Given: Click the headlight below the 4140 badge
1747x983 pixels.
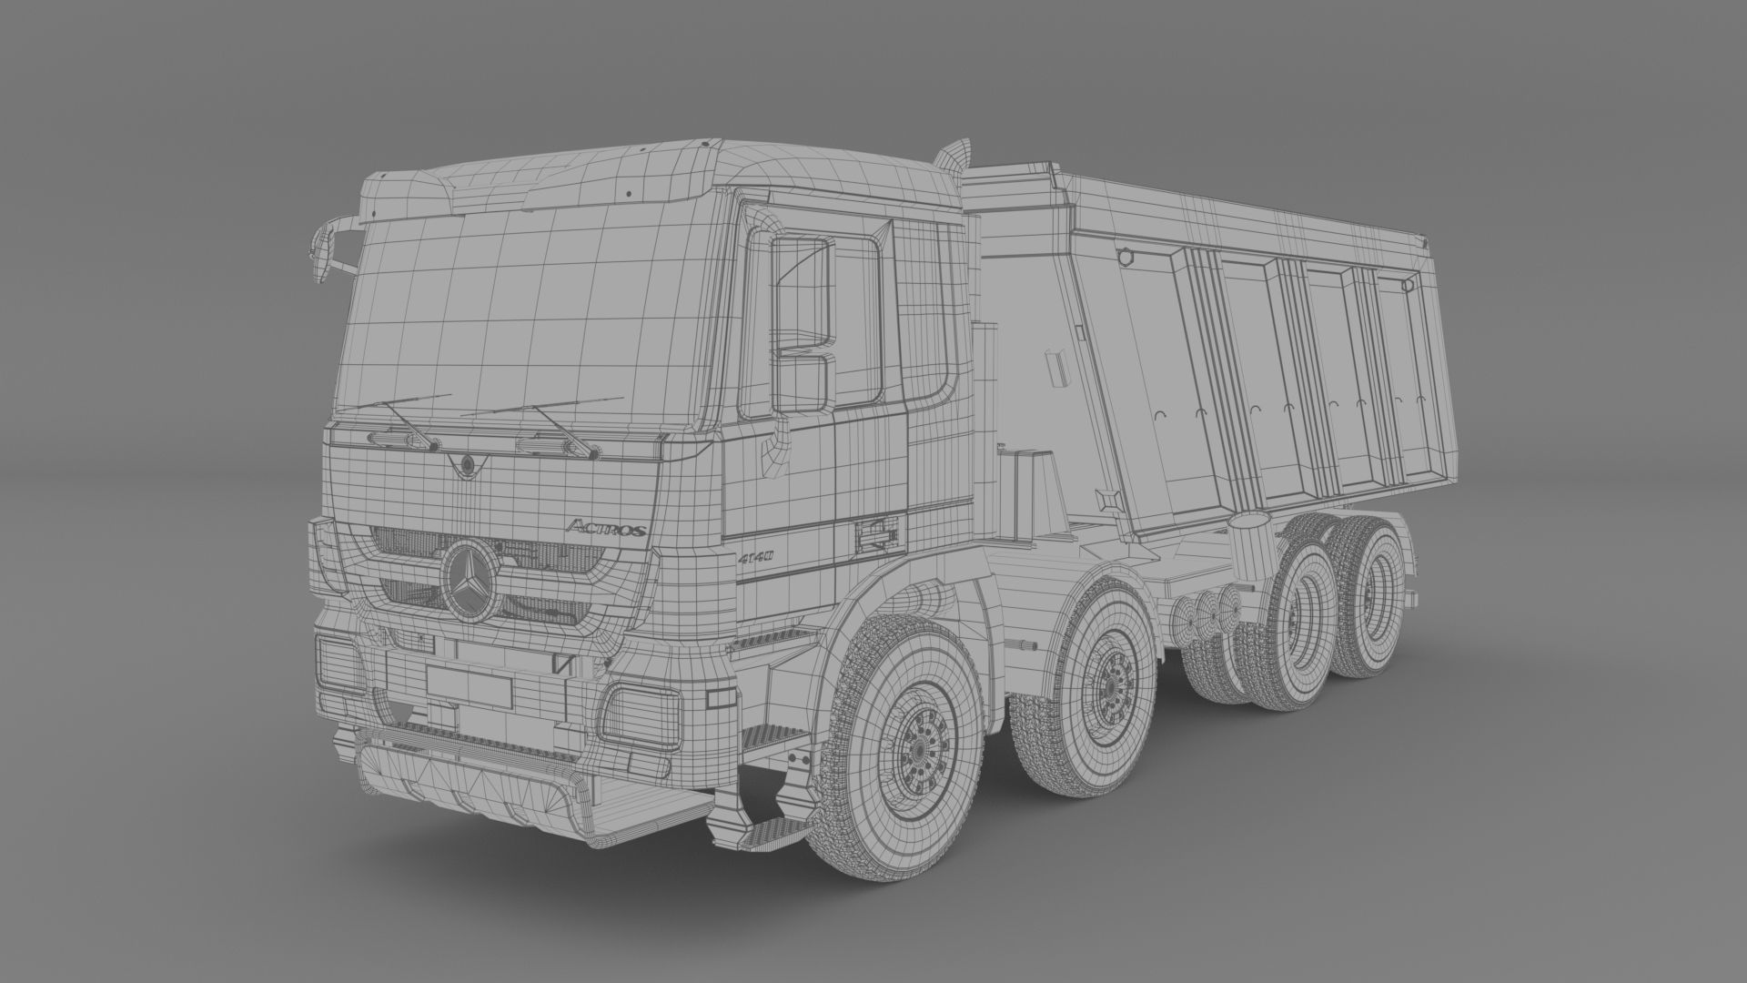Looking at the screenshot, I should [x=641, y=714].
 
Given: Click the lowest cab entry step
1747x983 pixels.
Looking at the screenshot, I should [x=770, y=833].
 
